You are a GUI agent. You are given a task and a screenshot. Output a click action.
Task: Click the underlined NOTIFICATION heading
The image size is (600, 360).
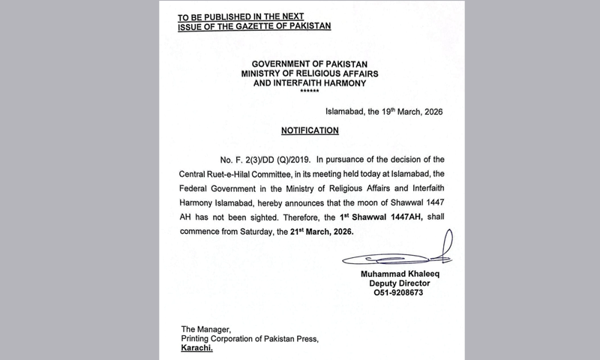310,130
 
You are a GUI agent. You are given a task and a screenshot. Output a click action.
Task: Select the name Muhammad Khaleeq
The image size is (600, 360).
403,274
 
